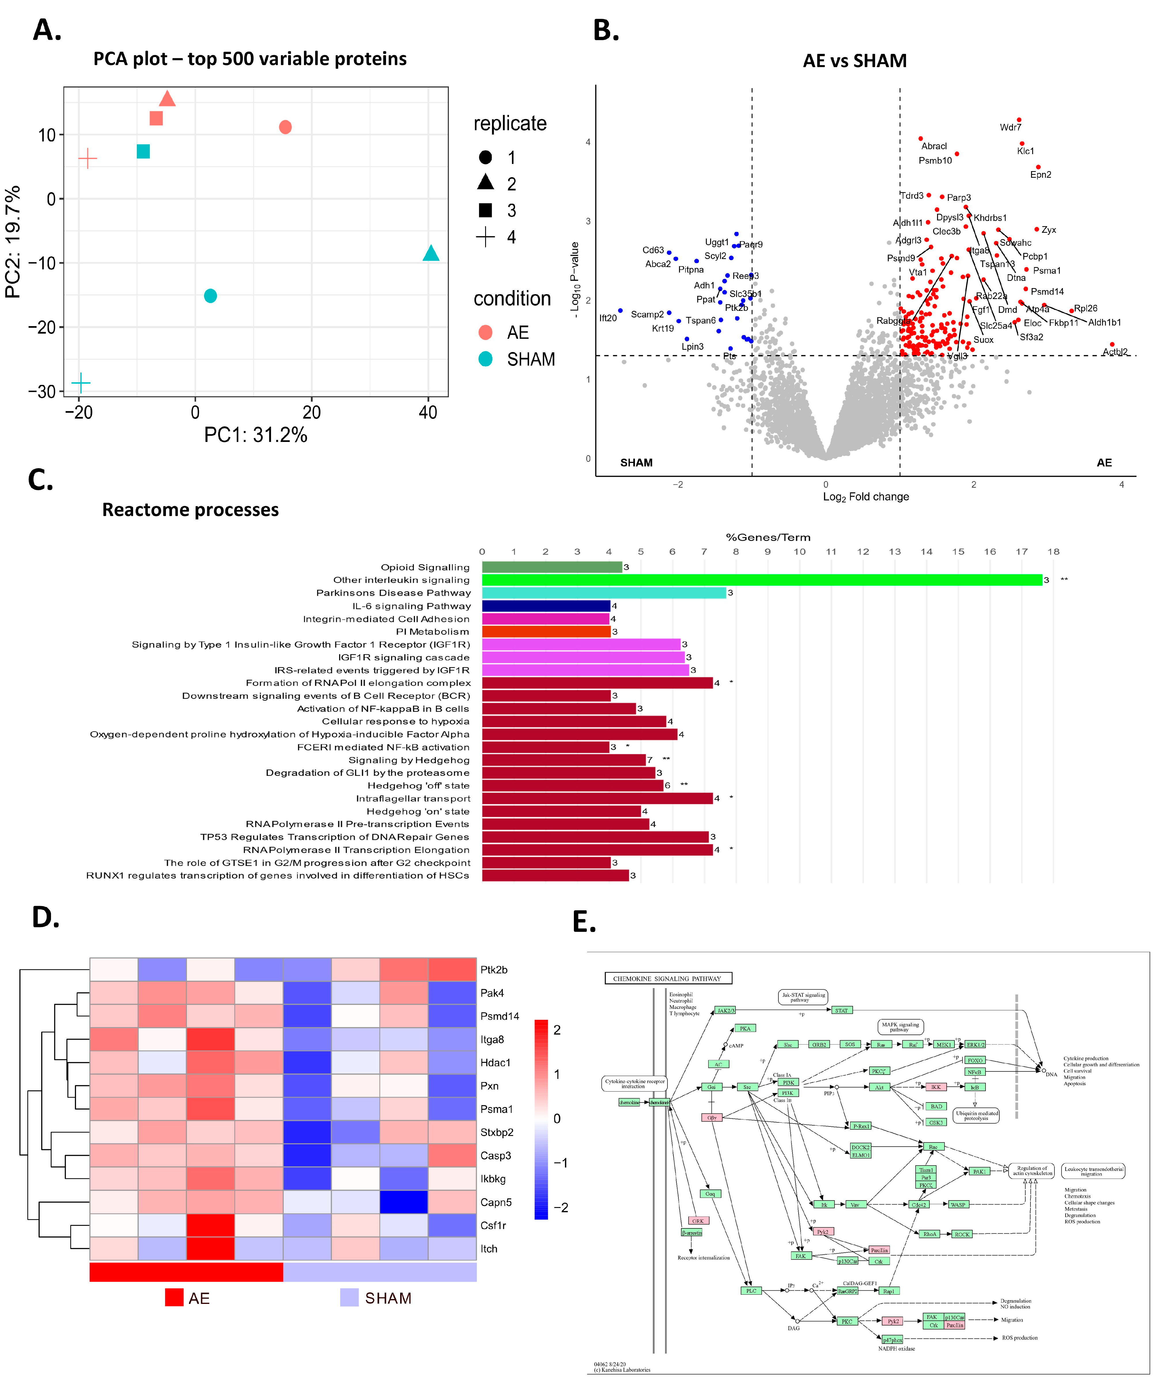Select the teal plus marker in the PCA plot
[x=81, y=383]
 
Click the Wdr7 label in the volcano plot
[x=1010, y=127]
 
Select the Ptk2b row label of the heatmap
[x=494, y=969]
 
